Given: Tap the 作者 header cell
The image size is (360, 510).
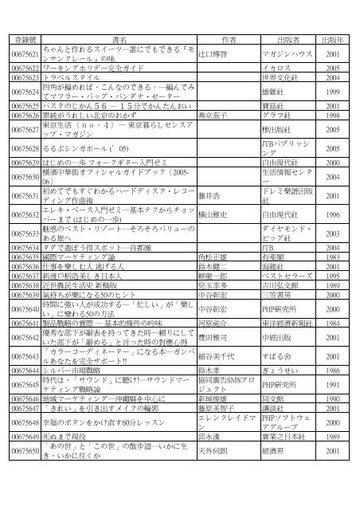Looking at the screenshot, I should coord(229,39).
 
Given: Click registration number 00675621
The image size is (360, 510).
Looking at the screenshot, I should coord(25,55).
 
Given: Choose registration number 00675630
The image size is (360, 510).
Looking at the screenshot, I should coord(25,177).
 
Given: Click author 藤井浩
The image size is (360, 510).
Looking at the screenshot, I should coord(208,196).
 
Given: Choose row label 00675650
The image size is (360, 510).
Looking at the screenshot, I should coord(25,451).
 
